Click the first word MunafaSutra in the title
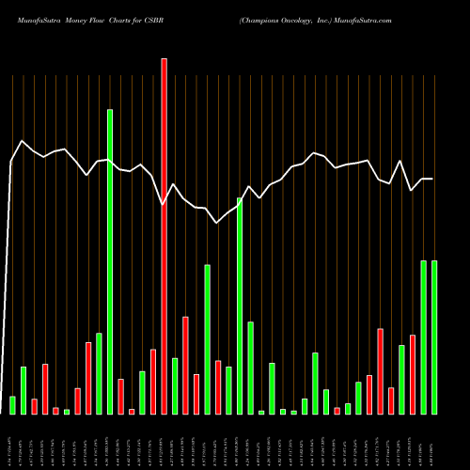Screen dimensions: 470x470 [x=34, y=19]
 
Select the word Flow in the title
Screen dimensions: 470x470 [x=103, y=19]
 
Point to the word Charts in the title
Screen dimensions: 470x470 [x=131, y=19]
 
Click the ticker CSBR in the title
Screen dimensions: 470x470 [x=164, y=19]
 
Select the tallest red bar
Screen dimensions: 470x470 [x=164, y=235]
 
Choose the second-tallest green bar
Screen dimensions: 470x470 [x=240, y=305]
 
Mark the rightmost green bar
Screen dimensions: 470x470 [x=434, y=337]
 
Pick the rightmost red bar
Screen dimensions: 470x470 [x=413, y=374]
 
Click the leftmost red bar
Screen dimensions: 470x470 [x=35, y=406]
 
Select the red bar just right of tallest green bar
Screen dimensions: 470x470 [x=121, y=396]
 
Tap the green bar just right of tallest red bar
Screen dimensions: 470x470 [x=175, y=385]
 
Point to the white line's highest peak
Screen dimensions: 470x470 [x=22, y=141]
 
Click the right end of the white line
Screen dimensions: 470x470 [x=433, y=179]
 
